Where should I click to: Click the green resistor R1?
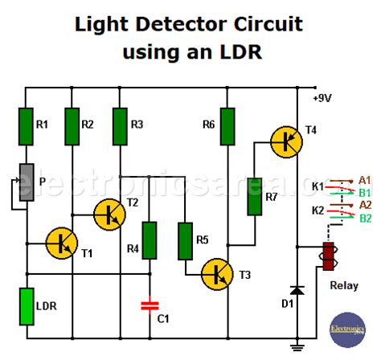[27, 124]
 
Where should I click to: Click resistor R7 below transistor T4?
[254, 196]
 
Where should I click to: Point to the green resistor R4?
[150, 239]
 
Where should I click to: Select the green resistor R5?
[186, 239]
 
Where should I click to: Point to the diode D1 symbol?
[297, 288]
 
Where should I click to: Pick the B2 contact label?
[365, 218]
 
